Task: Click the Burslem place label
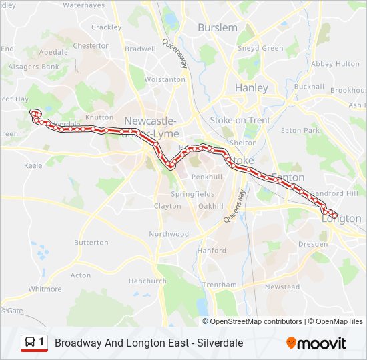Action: (218, 27)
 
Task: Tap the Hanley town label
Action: (252, 87)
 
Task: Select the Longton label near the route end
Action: (341, 219)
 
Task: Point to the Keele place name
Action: (33, 165)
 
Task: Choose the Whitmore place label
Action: (45, 289)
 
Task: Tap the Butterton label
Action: (91, 243)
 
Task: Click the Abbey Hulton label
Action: (335, 64)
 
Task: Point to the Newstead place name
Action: (282, 287)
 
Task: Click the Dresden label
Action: (312, 245)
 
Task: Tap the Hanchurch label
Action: (147, 281)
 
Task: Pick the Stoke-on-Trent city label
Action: (240, 120)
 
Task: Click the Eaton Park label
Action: (300, 131)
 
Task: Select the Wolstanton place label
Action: (165, 79)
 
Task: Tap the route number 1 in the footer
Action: (42, 343)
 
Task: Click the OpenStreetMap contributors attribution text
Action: (256, 321)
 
